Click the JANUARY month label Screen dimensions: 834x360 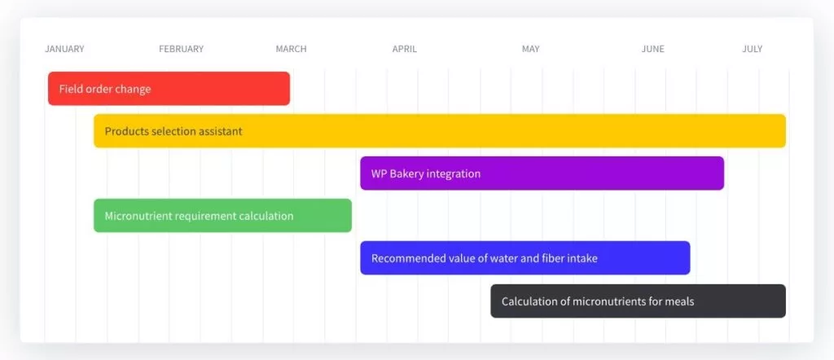pyautogui.click(x=64, y=49)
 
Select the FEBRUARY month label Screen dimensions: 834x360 pyautogui.click(x=182, y=49)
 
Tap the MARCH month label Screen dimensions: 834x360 pyautogui.click(x=291, y=49)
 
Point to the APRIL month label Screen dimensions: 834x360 pyautogui.click(x=405, y=49)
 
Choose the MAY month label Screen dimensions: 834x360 pyautogui.click(x=530, y=49)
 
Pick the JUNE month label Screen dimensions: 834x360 pyautogui.click(x=652, y=49)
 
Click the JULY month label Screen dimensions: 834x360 pyautogui.click(x=752, y=49)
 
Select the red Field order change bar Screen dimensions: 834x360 pyautogui.click(x=169, y=88)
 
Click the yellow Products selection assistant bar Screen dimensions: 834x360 pyautogui.click(x=440, y=131)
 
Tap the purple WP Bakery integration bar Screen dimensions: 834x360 pyautogui.click(x=542, y=173)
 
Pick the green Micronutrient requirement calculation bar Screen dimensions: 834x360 pyautogui.click(x=223, y=215)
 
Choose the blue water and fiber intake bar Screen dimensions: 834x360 pyautogui.click(x=525, y=258)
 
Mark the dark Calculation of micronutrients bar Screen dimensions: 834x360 pyautogui.click(x=639, y=301)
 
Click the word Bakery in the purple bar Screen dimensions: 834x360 pyautogui.click(x=406, y=173)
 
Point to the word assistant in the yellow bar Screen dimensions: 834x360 pyautogui.click(x=221, y=131)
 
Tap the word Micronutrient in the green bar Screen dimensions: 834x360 pyautogui.click(x=138, y=216)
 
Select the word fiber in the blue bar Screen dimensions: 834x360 pyautogui.click(x=555, y=258)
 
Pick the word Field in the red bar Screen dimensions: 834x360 pyautogui.click(x=69, y=89)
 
